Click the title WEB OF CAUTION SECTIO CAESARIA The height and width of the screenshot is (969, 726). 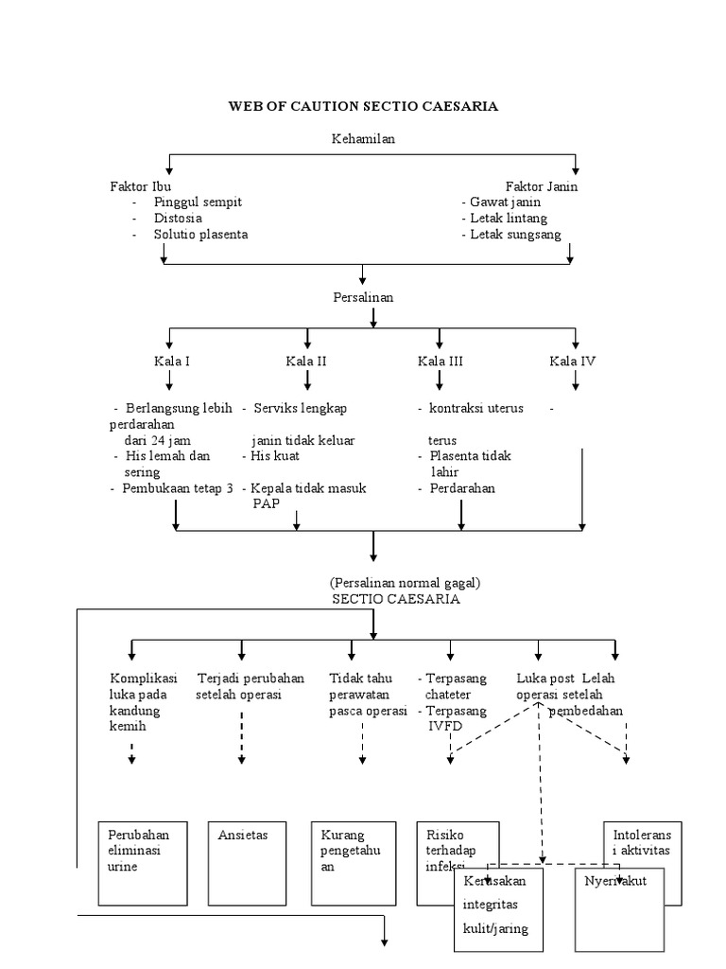point(363,107)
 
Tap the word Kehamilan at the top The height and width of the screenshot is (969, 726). point(363,139)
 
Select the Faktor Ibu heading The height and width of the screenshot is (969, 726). point(141,186)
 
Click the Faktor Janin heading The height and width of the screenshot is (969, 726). point(542,186)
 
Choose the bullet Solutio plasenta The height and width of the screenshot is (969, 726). point(200,234)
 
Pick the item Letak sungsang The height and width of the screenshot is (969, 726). point(516,234)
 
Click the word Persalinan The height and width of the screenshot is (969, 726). point(363,297)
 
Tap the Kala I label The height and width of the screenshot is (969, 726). point(173,361)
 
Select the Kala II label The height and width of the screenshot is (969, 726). point(308,361)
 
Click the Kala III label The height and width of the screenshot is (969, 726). point(441,361)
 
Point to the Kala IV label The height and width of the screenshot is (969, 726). point(573,361)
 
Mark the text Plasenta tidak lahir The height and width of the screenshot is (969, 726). point(469,464)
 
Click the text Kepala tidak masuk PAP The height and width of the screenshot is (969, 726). point(308,496)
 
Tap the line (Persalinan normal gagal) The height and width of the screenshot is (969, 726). point(399,583)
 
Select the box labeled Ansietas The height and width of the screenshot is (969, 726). point(244,862)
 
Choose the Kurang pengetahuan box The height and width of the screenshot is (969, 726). point(350,862)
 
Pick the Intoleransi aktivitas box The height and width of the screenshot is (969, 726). point(641,842)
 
